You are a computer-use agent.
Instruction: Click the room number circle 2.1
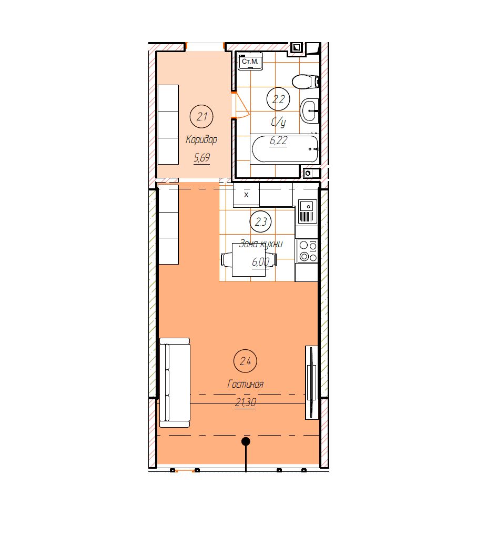pyautogui.click(x=201, y=117)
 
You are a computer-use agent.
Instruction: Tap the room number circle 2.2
pyautogui.click(x=278, y=99)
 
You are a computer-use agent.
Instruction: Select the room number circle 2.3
pyautogui.click(x=261, y=222)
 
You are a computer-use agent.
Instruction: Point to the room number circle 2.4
pyautogui.click(x=245, y=361)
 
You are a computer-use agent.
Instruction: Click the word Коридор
pyautogui.click(x=201, y=139)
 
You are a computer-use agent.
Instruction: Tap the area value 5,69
pyautogui.click(x=201, y=158)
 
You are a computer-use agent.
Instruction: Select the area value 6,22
pyautogui.click(x=278, y=140)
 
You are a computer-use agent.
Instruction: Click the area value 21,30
pyautogui.click(x=245, y=402)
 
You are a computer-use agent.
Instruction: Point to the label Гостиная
pyautogui.click(x=245, y=384)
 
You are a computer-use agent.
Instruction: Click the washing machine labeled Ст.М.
pyautogui.click(x=250, y=62)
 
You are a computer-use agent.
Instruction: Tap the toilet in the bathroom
pyautogui.click(x=305, y=82)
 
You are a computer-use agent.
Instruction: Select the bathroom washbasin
pyautogui.click(x=309, y=110)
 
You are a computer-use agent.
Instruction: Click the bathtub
pyautogui.click(x=285, y=149)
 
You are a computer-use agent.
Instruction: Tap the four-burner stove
pyautogui.click(x=308, y=251)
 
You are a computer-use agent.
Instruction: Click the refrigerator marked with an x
pyautogui.click(x=246, y=195)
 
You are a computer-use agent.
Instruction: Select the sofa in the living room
pyautogui.click(x=175, y=383)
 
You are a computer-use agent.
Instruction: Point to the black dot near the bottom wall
pyautogui.click(x=246, y=441)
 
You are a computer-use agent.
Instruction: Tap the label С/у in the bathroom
pyautogui.click(x=278, y=122)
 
